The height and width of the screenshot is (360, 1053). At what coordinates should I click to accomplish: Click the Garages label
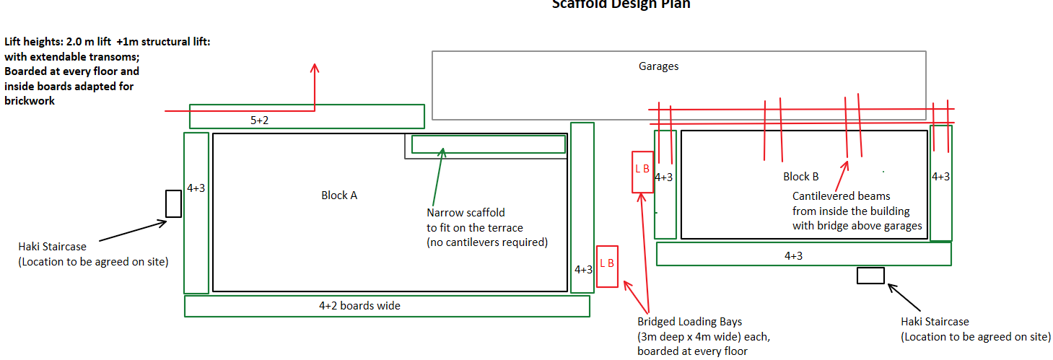click(658, 66)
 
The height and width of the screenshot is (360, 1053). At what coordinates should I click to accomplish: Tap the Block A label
click(339, 195)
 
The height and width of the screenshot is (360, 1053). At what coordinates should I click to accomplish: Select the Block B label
click(801, 176)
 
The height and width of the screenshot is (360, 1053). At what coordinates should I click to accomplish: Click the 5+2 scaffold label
click(260, 120)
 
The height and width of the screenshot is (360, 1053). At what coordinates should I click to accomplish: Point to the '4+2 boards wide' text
click(359, 305)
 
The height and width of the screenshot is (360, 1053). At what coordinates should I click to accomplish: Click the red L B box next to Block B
click(642, 172)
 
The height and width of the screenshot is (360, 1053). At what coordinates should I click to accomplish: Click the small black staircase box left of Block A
click(173, 203)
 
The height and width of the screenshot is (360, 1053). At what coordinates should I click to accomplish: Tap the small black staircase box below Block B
click(870, 275)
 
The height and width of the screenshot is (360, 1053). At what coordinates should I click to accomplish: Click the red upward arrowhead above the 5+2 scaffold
click(315, 69)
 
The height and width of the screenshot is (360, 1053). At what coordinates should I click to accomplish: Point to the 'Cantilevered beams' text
click(841, 196)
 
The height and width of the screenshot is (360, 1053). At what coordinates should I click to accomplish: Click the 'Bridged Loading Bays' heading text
click(689, 322)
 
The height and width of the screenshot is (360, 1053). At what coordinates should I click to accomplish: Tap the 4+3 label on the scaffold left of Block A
click(196, 188)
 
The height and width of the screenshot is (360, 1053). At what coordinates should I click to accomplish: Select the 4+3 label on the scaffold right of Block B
click(940, 177)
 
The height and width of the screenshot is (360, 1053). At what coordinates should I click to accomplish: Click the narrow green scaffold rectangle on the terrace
click(488, 144)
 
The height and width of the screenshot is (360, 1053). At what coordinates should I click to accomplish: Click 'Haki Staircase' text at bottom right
click(935, 322)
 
